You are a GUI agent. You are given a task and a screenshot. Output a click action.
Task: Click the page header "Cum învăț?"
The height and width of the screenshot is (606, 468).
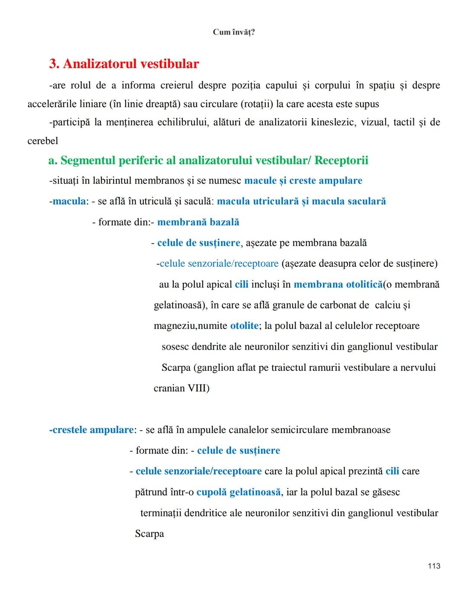click(234, 32)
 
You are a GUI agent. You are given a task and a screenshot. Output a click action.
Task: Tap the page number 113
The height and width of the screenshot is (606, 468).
click(434, 566)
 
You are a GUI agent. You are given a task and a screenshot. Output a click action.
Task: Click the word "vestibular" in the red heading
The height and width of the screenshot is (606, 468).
click(168, 64)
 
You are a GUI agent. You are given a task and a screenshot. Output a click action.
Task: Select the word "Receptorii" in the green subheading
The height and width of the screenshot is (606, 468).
click(341, 161)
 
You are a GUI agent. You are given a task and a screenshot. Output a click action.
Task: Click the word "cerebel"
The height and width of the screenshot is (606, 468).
click(42, 141)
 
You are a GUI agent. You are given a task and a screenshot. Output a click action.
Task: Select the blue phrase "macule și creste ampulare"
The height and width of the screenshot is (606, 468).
click(303, 180)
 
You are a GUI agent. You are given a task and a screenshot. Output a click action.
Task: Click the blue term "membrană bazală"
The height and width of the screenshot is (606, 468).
click(198, 222)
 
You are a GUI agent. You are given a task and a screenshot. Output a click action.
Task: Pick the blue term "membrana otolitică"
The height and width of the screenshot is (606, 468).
click(338, 285)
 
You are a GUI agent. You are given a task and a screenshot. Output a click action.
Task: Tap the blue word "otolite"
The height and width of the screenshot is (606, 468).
click(244, 326)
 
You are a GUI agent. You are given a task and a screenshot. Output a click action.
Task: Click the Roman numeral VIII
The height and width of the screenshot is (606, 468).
click(198, 388)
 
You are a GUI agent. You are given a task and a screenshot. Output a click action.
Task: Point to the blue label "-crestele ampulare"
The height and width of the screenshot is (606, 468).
click(91, 430)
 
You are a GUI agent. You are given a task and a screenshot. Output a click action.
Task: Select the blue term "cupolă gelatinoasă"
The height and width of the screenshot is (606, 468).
click(238, 492)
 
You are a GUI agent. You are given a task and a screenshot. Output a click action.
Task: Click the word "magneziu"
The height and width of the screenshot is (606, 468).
click(175, 326)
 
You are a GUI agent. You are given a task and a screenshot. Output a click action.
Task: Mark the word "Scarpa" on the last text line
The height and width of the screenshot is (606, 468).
click(149, 534)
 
